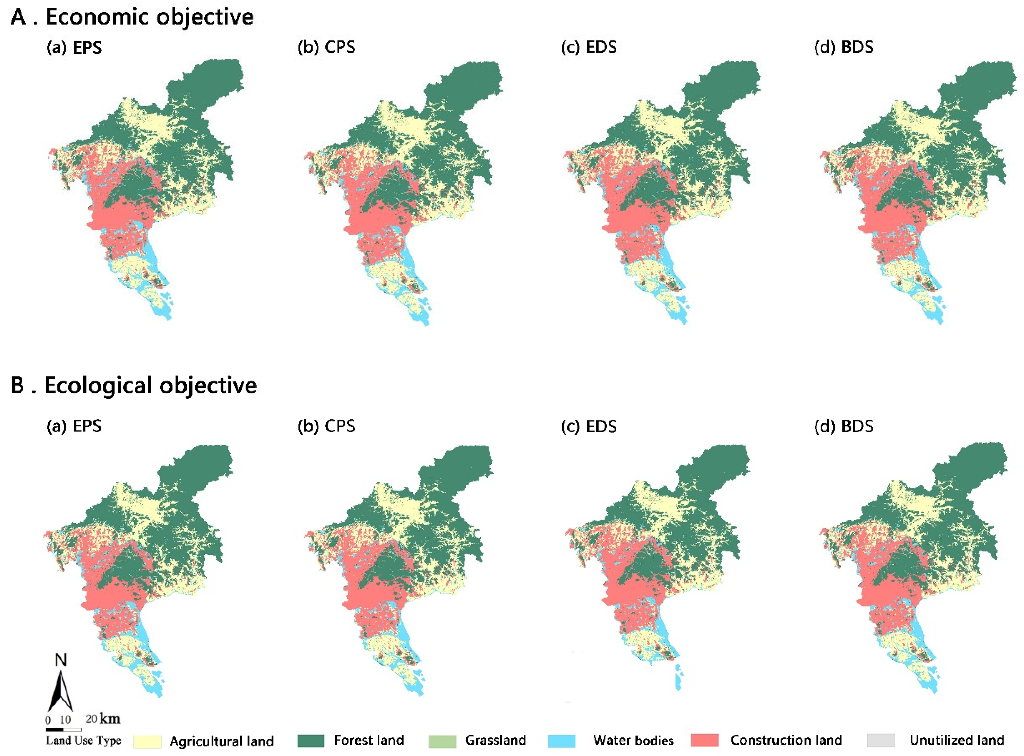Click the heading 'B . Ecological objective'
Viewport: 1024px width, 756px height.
point(134,385)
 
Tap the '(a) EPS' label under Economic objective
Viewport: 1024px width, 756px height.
point(74,47)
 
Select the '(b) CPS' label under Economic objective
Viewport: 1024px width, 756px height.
point(326,47)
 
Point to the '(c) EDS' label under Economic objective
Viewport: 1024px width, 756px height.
point(589,47)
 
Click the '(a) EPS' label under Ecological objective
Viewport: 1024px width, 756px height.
point(74,426)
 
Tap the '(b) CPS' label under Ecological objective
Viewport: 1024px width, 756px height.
point(326,426)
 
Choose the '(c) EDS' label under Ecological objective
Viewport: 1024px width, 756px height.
point(589,426)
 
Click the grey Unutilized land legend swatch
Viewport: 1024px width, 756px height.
point(881,740)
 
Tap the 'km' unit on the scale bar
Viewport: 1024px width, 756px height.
point(110,719)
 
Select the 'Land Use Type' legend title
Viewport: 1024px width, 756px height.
point(83,740)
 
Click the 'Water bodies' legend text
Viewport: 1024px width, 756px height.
point(633,740)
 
